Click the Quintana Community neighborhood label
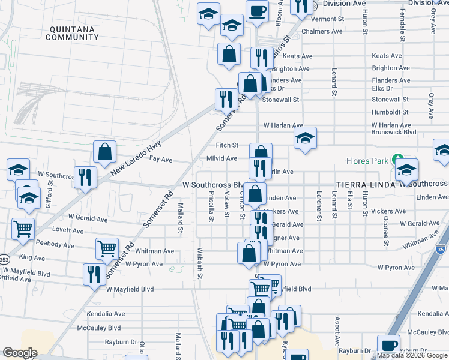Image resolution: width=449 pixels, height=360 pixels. (x=72, y=33)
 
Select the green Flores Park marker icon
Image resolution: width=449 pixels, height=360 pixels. (x=397, y=160)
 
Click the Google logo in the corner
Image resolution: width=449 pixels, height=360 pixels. (x=20, y=353)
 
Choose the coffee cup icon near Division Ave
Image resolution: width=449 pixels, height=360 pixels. (x=257, y=11)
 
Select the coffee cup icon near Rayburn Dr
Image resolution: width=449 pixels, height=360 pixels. (x=388, y=346)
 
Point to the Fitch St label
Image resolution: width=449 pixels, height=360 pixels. (x=228, y=145)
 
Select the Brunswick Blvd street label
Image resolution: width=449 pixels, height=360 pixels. (x=394, y=131)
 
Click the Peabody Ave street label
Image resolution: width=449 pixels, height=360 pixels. (x=55, y=246)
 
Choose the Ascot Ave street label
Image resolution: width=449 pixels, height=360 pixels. (x=337, y=328)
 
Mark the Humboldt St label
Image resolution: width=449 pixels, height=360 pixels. (x=390, y=112)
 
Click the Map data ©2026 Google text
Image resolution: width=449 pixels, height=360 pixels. (x=411, y=355)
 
